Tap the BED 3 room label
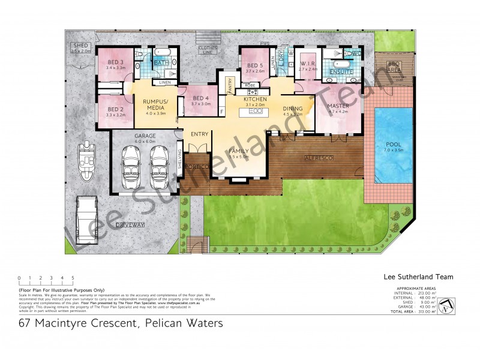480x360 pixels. (115, 62)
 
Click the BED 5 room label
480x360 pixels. (255, 65)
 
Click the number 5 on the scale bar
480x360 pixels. (73, 278)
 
